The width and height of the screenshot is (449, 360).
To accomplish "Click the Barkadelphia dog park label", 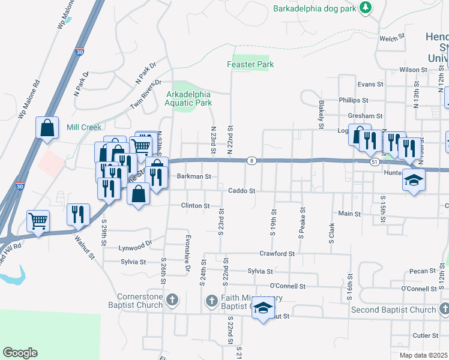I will pos(315,8).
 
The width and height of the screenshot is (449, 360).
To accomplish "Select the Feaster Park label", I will pos(250,64).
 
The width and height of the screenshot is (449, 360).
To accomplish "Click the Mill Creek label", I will pos(85,127).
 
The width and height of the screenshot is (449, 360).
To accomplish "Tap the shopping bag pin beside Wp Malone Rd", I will pos(47,128).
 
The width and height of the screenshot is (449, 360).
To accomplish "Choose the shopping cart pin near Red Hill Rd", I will pos(38,221).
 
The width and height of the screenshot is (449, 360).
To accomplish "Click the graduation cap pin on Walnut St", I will pos(262,308).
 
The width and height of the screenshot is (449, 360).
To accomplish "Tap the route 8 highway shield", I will pos(253,160).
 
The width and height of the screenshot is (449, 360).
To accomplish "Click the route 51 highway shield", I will pos(374,161).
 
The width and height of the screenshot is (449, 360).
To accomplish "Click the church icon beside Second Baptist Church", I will pos(444,310).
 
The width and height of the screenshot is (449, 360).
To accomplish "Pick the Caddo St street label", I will pos(242,191).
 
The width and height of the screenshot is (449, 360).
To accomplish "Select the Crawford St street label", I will pos(277,254).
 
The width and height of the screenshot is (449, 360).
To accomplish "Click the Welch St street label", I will pos(392,38).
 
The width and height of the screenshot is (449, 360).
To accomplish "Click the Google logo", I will pos(20,353).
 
